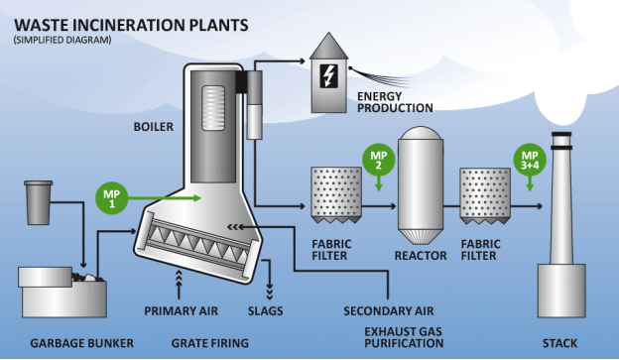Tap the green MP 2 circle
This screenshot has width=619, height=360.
[x=378, y=161]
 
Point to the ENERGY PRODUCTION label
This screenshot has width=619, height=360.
[x=394, y=101]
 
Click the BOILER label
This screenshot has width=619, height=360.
[x=154, y=128]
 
